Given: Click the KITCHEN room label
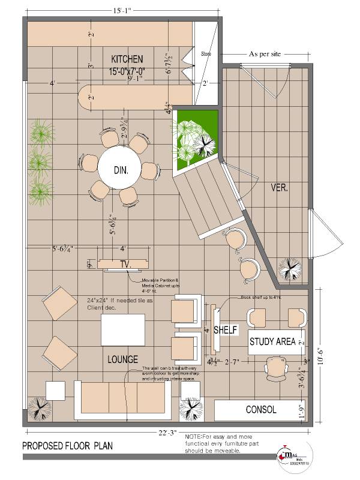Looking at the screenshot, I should point(127,59).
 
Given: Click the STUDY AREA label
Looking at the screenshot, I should point(272,342).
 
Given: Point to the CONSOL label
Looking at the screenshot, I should point(261,410).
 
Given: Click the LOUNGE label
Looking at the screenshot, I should point(124,359).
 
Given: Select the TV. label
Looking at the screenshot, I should point(125,265).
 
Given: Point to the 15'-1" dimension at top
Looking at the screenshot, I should point(108,10).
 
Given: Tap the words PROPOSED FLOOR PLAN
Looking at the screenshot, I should point(67,446).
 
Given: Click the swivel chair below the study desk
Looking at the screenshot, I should point(277,367).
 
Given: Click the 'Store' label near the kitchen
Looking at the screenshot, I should point(206,53).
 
